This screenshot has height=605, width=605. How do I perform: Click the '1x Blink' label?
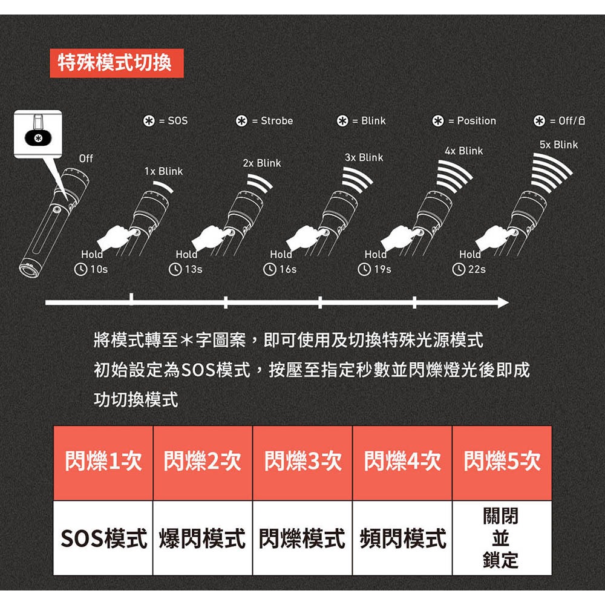(163, 171)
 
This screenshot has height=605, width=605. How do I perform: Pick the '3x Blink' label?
(364, 157)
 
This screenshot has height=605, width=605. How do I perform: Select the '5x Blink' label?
(558, 145)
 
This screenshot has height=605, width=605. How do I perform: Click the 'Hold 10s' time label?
(91, 262)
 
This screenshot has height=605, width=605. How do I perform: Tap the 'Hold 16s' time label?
(281, 262)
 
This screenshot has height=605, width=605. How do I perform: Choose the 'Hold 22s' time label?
(470, 262)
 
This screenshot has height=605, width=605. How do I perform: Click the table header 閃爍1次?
(103, 463)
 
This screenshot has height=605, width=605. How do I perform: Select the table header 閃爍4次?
(402, 463)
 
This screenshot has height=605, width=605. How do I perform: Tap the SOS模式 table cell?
(103, 537)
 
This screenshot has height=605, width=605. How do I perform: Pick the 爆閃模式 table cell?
(203, 537)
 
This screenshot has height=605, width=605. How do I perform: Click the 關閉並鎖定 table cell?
(502, 537)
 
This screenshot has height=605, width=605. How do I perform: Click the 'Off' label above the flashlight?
(86, 159)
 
